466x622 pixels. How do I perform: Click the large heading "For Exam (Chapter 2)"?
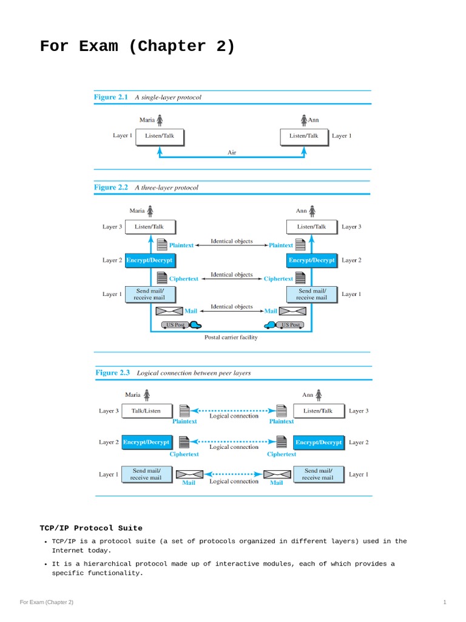(x=137, y=47)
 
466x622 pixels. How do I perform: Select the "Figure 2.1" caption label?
(x=110, y=97)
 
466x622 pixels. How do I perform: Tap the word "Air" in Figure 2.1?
(x=232, y=152)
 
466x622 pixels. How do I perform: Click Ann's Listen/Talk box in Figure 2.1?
(x=303, y=136)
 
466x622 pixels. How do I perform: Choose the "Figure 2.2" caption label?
(x=110, y=188)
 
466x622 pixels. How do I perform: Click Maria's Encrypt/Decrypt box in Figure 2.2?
(x=149, y=260)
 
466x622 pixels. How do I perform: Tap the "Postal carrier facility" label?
(x=231, y=337)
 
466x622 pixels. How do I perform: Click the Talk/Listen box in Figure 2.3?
(x=146, y=411)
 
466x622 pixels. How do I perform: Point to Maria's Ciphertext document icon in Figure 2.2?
(x=162, y=278)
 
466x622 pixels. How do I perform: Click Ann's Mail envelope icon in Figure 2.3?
(x=275, y=474)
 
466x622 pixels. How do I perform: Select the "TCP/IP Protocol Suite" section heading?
(x=91, y=528)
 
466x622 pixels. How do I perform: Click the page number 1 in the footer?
(x=445, y=602)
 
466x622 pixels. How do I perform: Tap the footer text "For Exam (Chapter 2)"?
(x=46, y=602)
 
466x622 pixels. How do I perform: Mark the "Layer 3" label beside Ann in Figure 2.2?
(x=351, y=227)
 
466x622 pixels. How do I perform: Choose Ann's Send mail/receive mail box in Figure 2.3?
(x=318, y=474)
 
